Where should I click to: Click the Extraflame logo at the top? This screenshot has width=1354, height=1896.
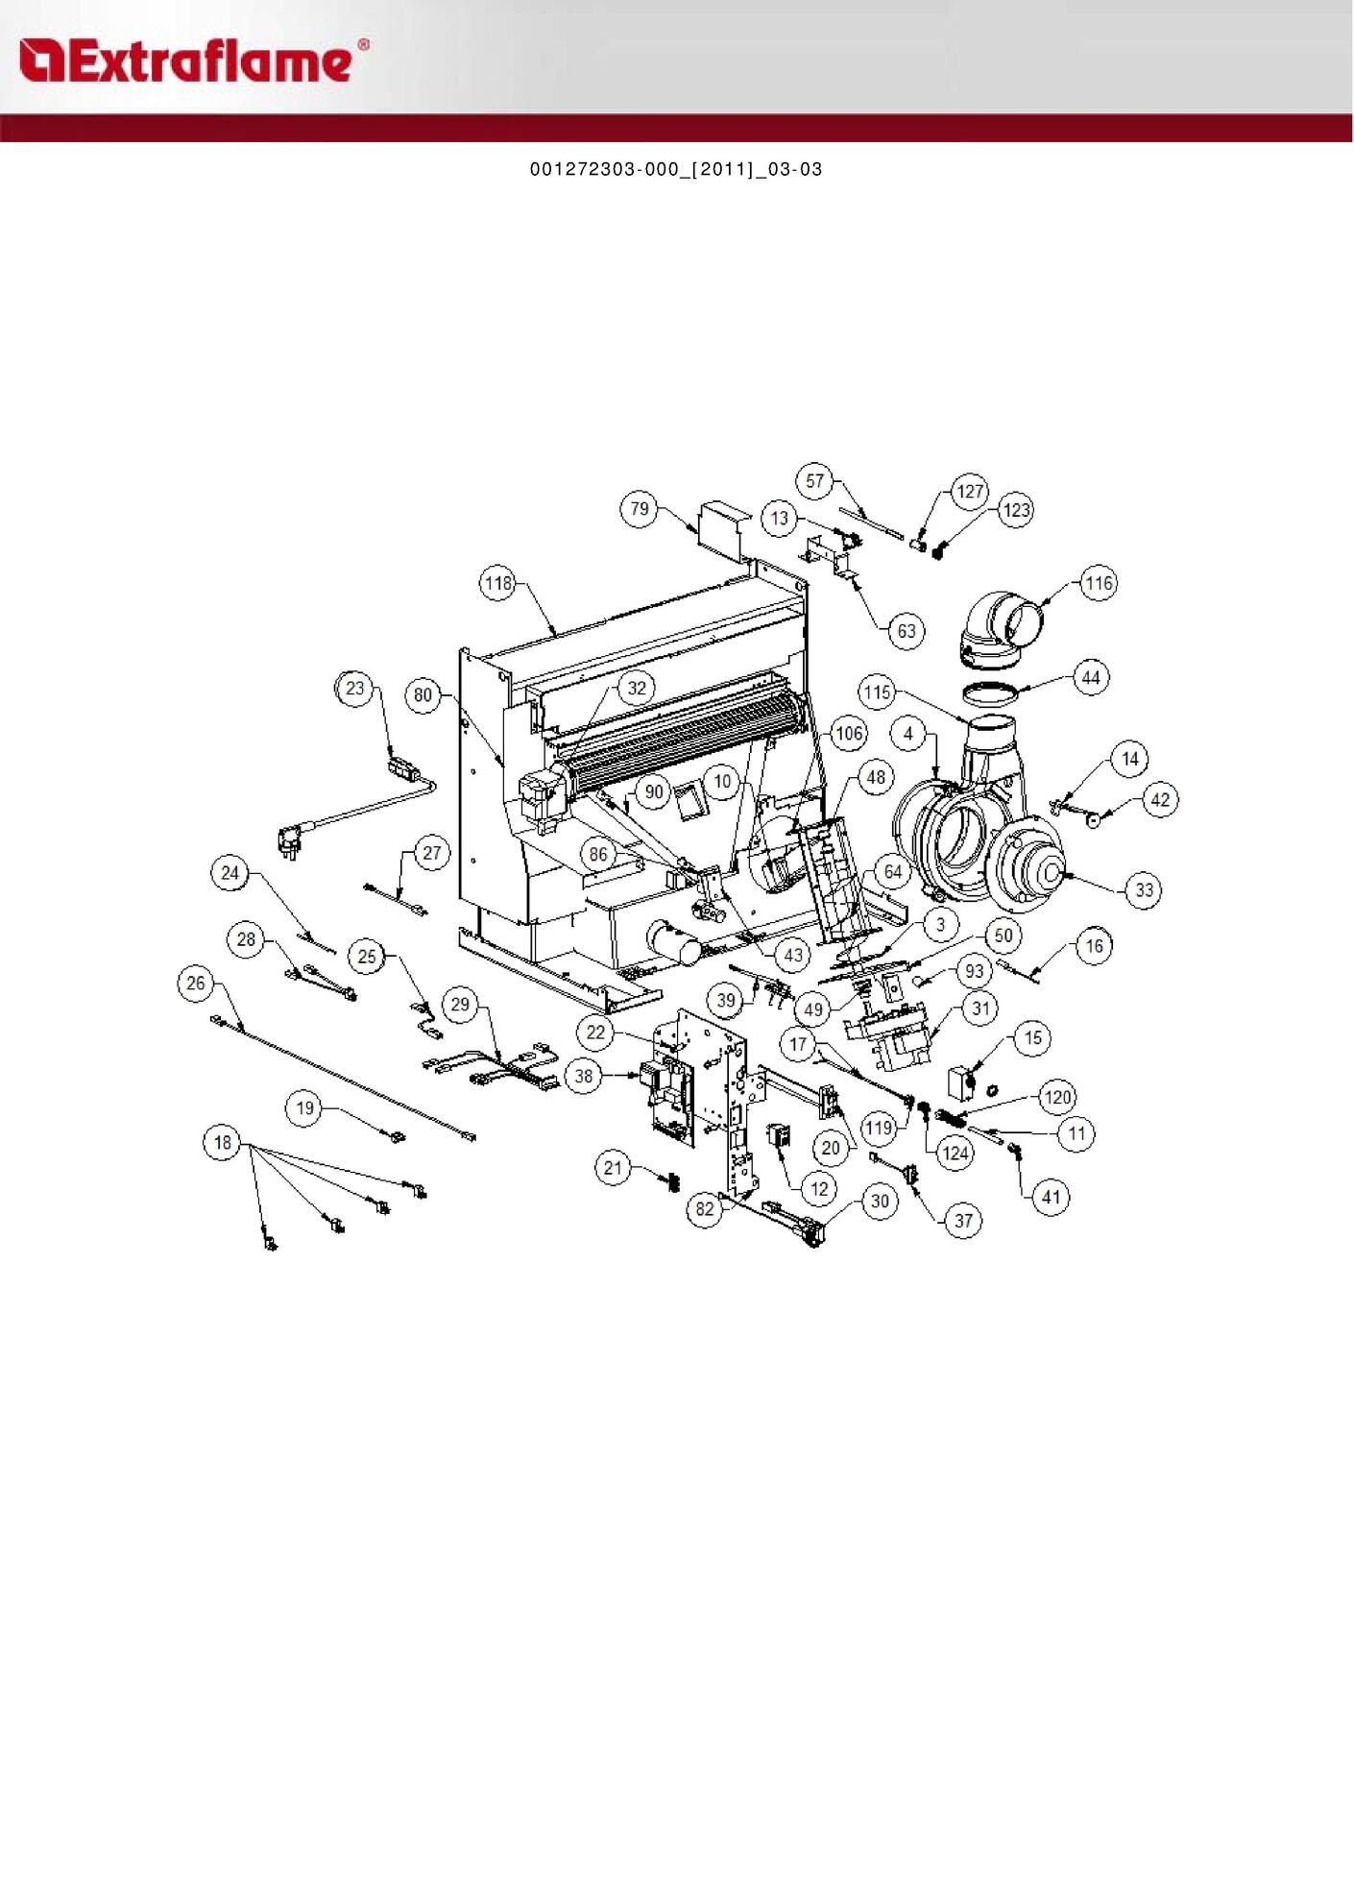[193, 61]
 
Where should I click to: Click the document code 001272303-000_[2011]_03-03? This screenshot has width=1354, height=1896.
[676, 169]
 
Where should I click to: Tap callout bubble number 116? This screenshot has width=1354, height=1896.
[1099, 583]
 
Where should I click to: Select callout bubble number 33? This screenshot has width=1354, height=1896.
[1144, 889]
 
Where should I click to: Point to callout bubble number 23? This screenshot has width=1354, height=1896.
[355, 689]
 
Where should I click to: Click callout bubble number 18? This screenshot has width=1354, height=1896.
[223, 1142]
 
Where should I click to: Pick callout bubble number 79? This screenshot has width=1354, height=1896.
[640, 509]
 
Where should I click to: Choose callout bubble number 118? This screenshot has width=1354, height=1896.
[497, 583]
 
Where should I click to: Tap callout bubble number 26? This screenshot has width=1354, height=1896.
[196, 983]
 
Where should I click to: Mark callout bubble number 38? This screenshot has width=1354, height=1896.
[584, 1076]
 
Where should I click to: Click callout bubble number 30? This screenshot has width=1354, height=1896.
[880, 1201]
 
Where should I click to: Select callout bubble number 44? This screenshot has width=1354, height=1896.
[1091, 678]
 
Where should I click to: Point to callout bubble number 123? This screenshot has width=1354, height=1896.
[1016, 510]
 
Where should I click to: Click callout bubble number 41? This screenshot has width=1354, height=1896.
[1052, 1197]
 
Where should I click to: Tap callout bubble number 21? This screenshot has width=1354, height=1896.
[613, 1168]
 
